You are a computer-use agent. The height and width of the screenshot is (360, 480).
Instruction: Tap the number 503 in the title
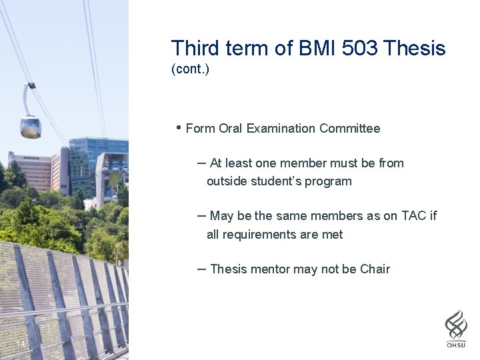pos(360,48)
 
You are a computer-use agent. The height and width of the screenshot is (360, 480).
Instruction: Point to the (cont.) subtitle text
pos(190,69)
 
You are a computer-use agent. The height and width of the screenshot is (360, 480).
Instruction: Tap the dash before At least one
pos(201,163)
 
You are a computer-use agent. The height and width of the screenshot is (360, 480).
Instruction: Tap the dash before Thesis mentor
pos(201,269)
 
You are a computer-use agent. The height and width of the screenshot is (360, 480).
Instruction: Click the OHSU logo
pos(456,328)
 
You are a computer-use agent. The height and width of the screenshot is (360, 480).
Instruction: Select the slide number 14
pos(21,344)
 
